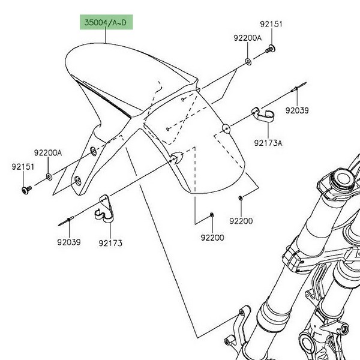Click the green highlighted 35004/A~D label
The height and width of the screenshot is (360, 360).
pos(106,23)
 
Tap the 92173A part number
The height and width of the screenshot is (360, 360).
pos(268,143)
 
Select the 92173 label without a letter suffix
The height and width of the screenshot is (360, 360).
pos(110,242)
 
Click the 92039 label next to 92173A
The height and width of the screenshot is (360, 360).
pos(296,110)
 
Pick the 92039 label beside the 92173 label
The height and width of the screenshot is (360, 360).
pos(69,242)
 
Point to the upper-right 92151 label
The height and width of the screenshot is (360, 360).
pos(271,25)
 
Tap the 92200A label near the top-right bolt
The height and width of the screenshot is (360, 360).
pos(248,38)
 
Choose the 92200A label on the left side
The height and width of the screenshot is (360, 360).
pos(48,153)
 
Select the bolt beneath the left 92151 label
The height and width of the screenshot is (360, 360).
pos(26,190)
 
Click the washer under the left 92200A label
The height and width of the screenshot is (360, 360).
pos(49,177)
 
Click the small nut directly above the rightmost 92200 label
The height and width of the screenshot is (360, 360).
pos(240,197)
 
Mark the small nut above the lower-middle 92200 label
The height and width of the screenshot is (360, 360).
pos(212,214)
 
